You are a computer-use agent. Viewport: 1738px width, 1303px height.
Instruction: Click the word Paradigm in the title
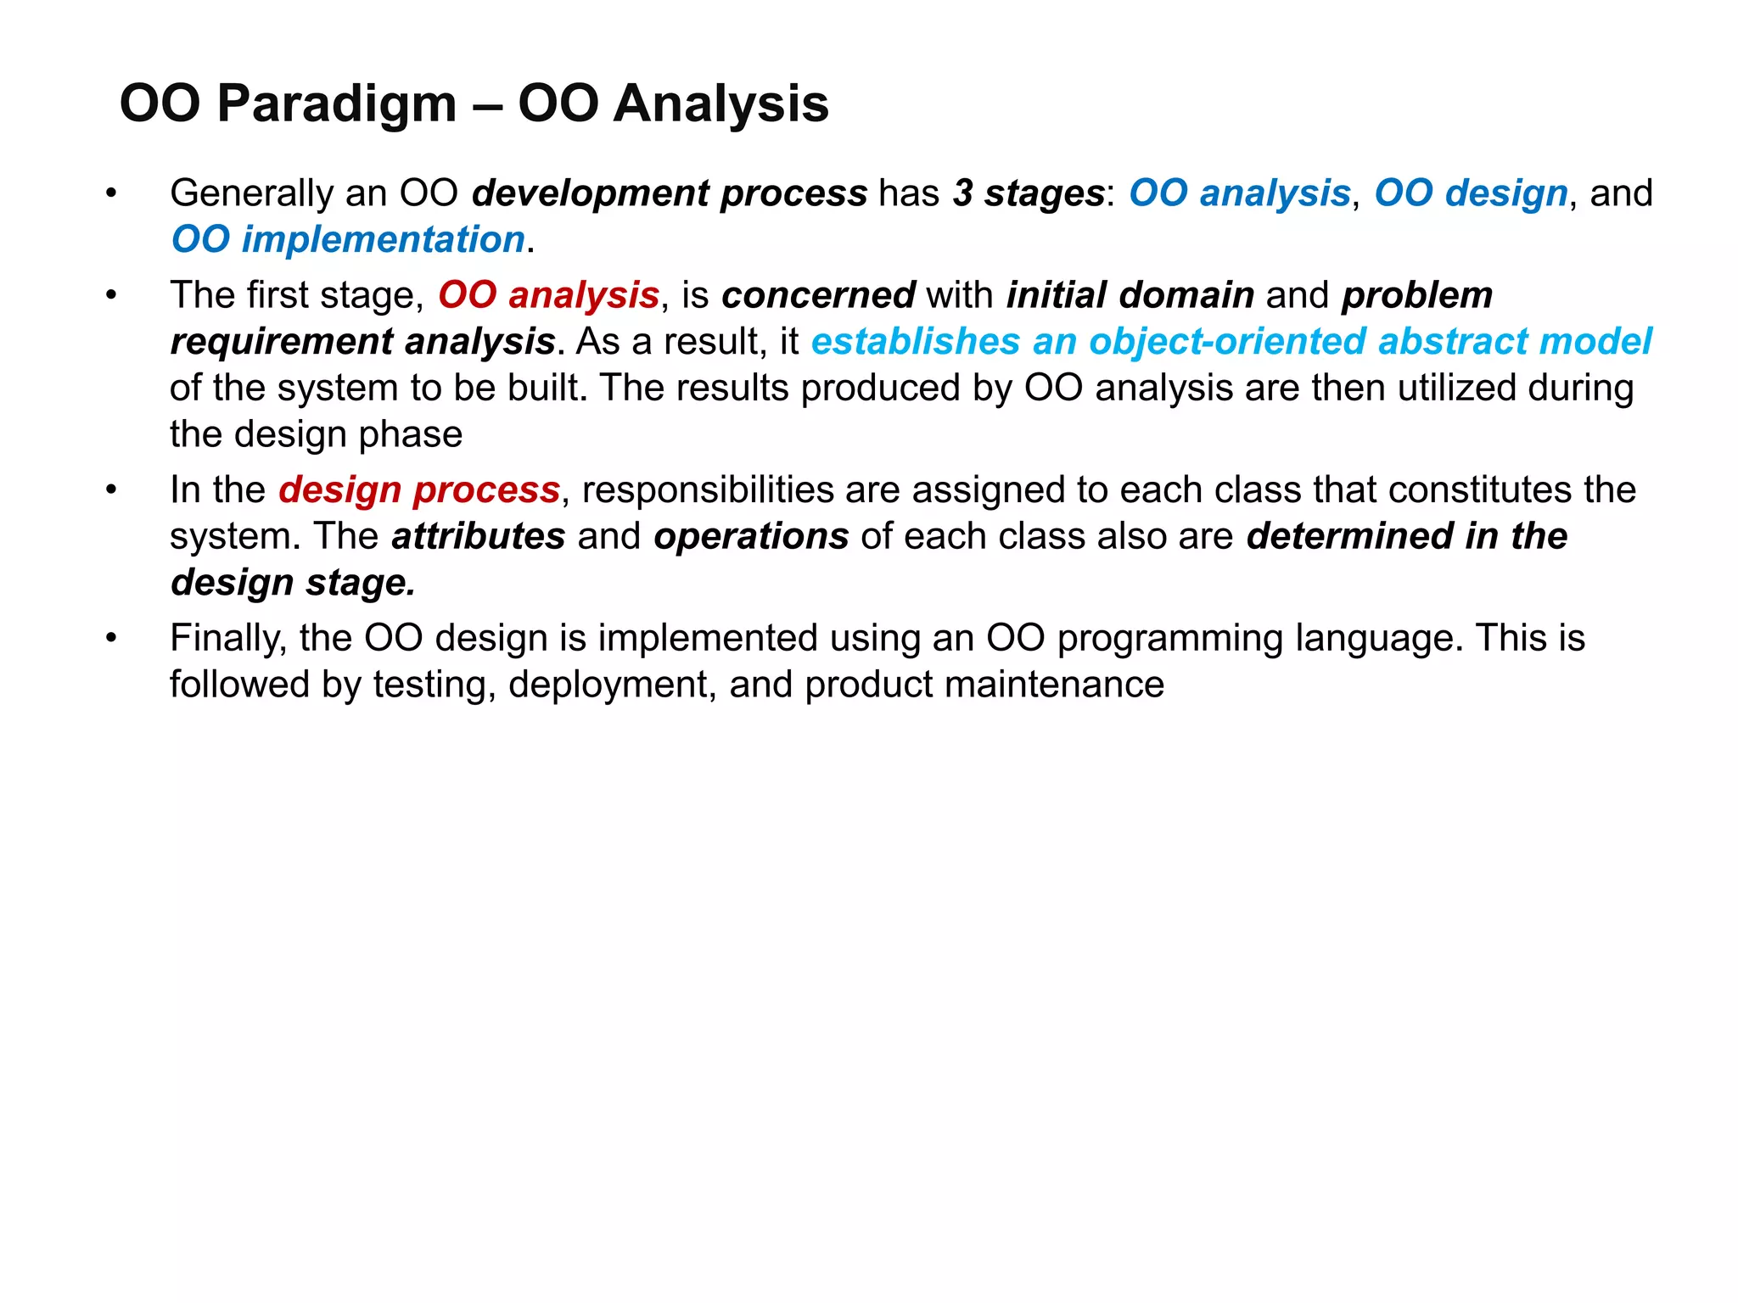point(336,105)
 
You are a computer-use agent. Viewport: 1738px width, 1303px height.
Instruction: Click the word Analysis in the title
point(720,105)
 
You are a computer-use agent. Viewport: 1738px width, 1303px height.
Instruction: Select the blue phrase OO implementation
point(348,240)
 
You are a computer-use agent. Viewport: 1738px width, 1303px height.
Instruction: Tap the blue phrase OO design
point(1470,193)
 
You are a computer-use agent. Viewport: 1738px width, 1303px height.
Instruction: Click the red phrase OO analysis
point(548,295)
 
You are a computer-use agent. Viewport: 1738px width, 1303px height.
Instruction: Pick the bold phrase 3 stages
point(1028,193)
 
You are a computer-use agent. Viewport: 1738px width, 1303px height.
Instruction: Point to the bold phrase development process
point(670,193)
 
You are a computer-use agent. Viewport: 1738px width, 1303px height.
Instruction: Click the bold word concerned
point(818,295)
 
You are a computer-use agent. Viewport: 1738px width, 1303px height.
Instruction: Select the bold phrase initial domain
point(1130,295)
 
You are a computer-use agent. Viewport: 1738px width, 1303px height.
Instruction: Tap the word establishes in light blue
point(915,342)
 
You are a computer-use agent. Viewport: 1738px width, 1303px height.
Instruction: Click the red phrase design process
point(419,490)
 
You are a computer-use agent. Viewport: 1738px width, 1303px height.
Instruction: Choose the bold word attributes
point(479,536)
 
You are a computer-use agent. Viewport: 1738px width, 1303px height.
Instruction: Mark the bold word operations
point(751,536)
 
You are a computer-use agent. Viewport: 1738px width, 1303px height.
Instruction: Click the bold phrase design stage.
point(293,583)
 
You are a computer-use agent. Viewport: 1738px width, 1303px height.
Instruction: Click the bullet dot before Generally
point(110,194)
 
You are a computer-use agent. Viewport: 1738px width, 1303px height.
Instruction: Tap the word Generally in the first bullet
point(251,193)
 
